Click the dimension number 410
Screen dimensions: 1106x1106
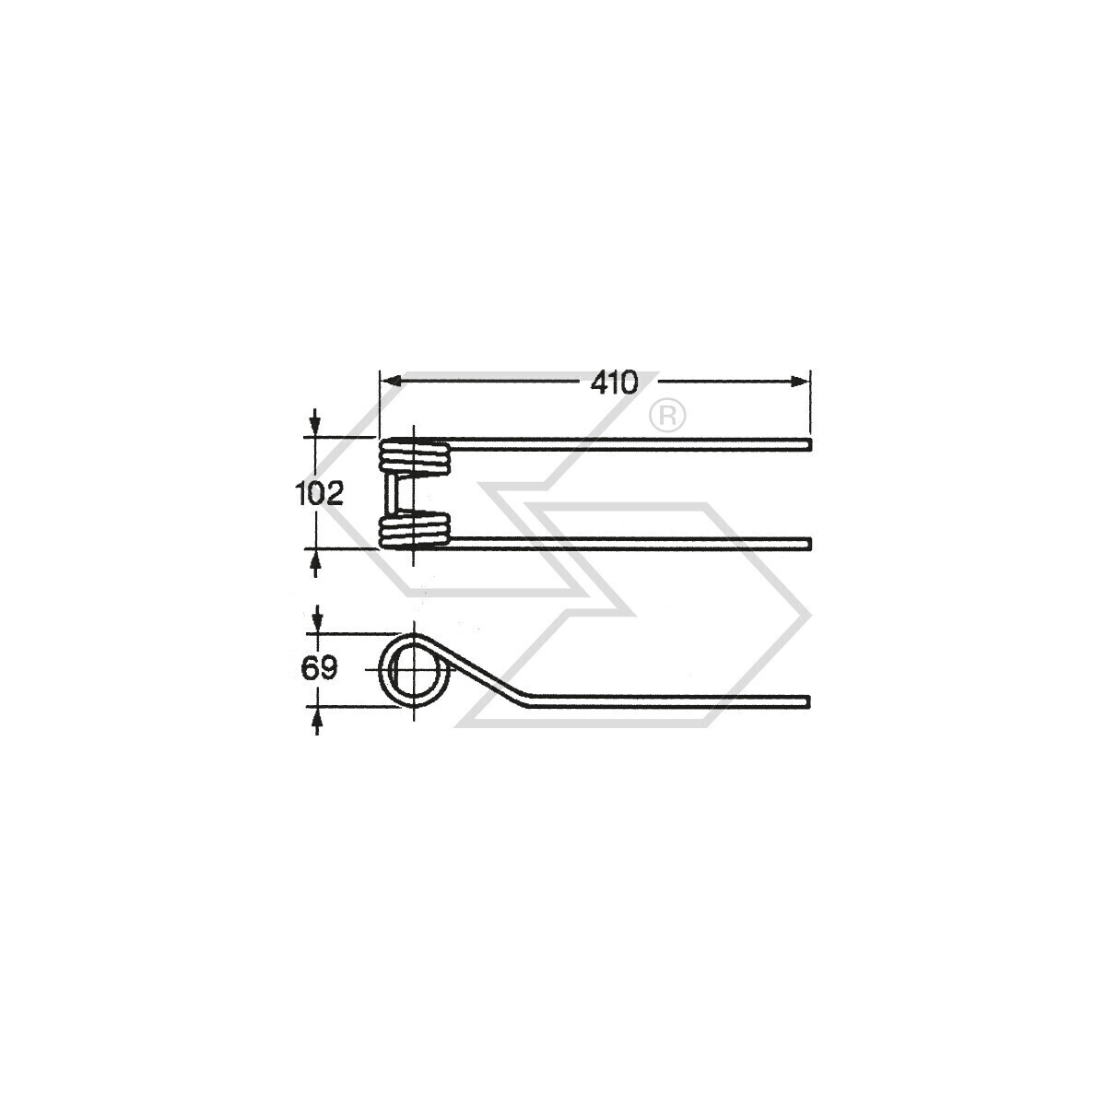tap(614, 382)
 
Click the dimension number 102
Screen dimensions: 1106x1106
tap(319, 494)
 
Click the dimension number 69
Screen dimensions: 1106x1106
tap(319, 668)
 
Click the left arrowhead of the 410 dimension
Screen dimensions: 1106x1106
tap(390, 381)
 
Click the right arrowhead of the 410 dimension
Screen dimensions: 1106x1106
tap(800, 382)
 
